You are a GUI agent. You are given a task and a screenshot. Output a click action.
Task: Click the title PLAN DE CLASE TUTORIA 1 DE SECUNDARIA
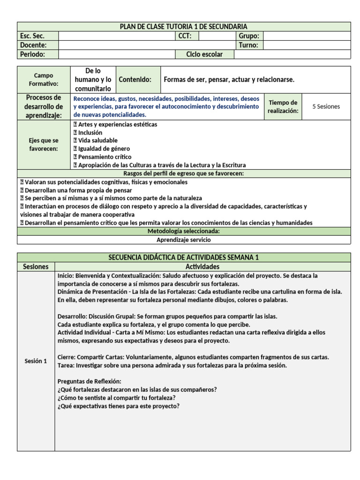point(184,27)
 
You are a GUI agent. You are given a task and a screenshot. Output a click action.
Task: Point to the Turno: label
point(248,45)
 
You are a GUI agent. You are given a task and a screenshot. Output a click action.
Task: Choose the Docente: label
point(33,45)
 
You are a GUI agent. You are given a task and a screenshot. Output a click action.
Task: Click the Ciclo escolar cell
point(204,54)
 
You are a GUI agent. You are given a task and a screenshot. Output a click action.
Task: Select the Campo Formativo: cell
point(44,79)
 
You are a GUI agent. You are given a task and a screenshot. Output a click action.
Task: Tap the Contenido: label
point(135,80)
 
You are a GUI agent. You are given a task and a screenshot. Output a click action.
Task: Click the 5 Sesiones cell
point(326,106)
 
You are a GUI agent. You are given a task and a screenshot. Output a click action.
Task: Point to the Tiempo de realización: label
point(282,106)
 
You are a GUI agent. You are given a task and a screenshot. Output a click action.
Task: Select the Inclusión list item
point(90,133)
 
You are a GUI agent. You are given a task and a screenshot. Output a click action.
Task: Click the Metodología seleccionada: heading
point(184,231)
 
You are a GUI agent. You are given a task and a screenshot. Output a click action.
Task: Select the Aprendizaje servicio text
point(184,240)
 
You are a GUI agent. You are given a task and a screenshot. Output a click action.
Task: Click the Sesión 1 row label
point(36,361)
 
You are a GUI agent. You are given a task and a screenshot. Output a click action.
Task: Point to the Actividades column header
point(202,266)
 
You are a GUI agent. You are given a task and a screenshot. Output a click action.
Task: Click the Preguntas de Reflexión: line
point(89,381)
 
